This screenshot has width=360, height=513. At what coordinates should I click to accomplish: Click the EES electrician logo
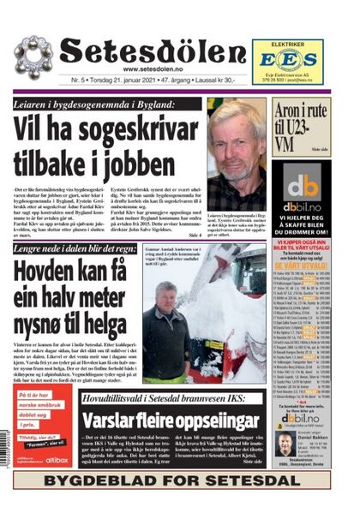click(x=287, y=58)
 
